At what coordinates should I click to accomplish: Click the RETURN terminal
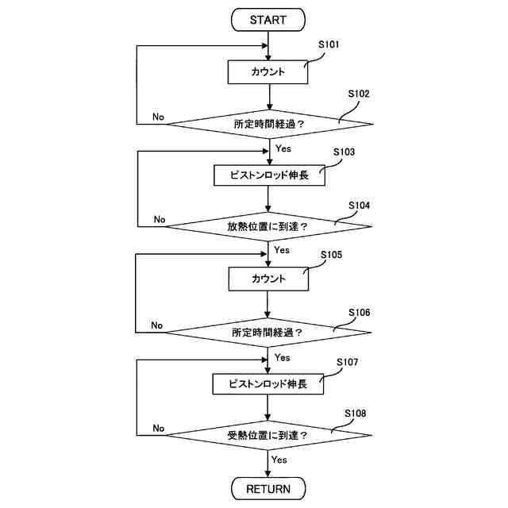click(x=269, y=487)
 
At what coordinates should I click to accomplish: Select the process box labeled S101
click(x=269, y=73)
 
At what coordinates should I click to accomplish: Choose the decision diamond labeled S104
click(x=268, y=226)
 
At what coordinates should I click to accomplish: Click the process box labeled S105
click(x=268, y=279)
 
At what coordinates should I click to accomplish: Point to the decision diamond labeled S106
click(x=268, y=330)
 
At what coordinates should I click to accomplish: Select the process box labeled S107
click(x=268, y=384)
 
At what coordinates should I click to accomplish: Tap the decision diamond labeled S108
click(x=268, y=435)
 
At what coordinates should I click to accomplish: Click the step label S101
click(x=329, y=45)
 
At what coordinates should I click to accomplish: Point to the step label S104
click(x=359, y=205)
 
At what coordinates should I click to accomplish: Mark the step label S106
click(x=359, y=312)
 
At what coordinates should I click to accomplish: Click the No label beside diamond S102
click(x=158, y=117)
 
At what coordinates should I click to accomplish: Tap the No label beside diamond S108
click(x=158, y=429)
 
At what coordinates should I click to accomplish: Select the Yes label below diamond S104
click(x=282, y=249)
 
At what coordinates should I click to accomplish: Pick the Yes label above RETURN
click(x=279, y=460)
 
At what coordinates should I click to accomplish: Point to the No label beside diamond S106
click(x=156, y=325)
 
